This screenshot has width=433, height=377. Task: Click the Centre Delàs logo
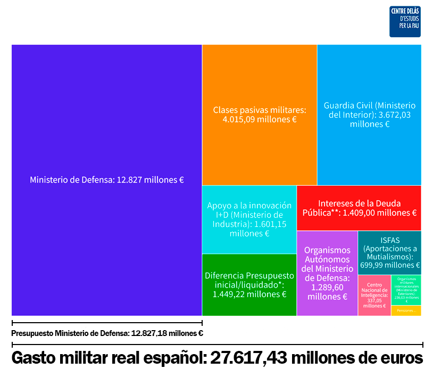tap(405, 22)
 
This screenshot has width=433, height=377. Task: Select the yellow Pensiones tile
tap(406, 310)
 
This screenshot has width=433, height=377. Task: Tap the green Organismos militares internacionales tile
tap(406, 290)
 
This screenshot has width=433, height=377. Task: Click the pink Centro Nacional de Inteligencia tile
tap(374, 295)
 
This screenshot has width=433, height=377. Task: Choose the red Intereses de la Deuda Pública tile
tap(359, 208)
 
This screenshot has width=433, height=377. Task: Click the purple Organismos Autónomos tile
tap(327, 273)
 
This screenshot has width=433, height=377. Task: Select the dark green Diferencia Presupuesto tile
tap(249, 284)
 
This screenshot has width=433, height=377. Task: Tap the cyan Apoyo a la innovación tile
tap(249, 219)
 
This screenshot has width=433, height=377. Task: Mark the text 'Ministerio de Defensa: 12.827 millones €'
tap(106, 180)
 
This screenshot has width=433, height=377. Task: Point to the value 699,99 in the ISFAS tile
tap(373, 265)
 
